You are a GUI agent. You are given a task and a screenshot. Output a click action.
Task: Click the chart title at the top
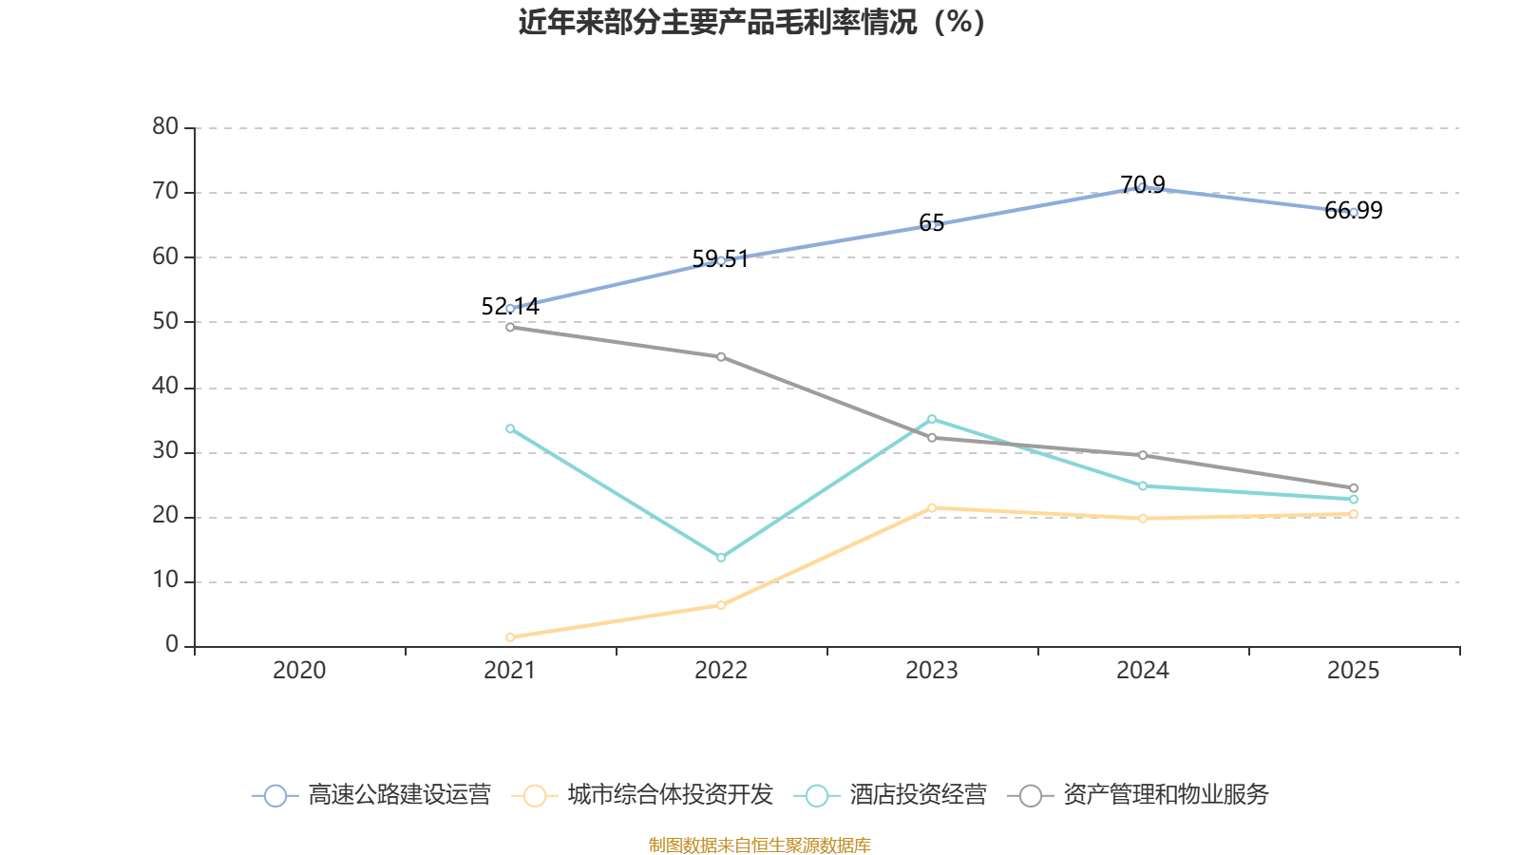coord(751,22)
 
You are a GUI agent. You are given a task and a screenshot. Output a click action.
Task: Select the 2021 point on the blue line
coord(510,309)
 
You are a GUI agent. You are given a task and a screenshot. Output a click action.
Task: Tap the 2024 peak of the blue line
coord(1142,187)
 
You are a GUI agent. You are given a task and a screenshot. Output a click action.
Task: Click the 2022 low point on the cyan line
coord(721,558)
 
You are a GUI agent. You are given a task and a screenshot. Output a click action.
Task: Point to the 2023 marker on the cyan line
coord(932,419)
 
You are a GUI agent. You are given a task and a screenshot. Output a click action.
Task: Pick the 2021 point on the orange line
coord(510,637)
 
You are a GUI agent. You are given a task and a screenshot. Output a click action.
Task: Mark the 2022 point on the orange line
coord(721,605)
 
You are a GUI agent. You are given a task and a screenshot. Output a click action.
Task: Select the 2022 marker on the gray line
coord(721,357)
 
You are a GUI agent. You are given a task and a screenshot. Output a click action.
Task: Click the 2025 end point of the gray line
coord(1354,488)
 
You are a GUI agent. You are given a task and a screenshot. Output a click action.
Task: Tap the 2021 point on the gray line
coord(510,327)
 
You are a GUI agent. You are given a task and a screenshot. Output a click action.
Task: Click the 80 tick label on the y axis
coord(165,126)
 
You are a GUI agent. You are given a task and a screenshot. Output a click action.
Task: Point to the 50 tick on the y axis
coord(165,321)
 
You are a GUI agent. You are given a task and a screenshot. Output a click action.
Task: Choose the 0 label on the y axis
coord(172,645)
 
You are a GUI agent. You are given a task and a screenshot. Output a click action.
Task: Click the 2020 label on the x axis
coord(299,671)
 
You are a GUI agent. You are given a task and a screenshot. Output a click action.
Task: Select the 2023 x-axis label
coord(932,671)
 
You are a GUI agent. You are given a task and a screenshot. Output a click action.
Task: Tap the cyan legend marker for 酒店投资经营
coord(817,796)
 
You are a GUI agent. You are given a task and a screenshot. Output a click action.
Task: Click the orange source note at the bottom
coord(760,845)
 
